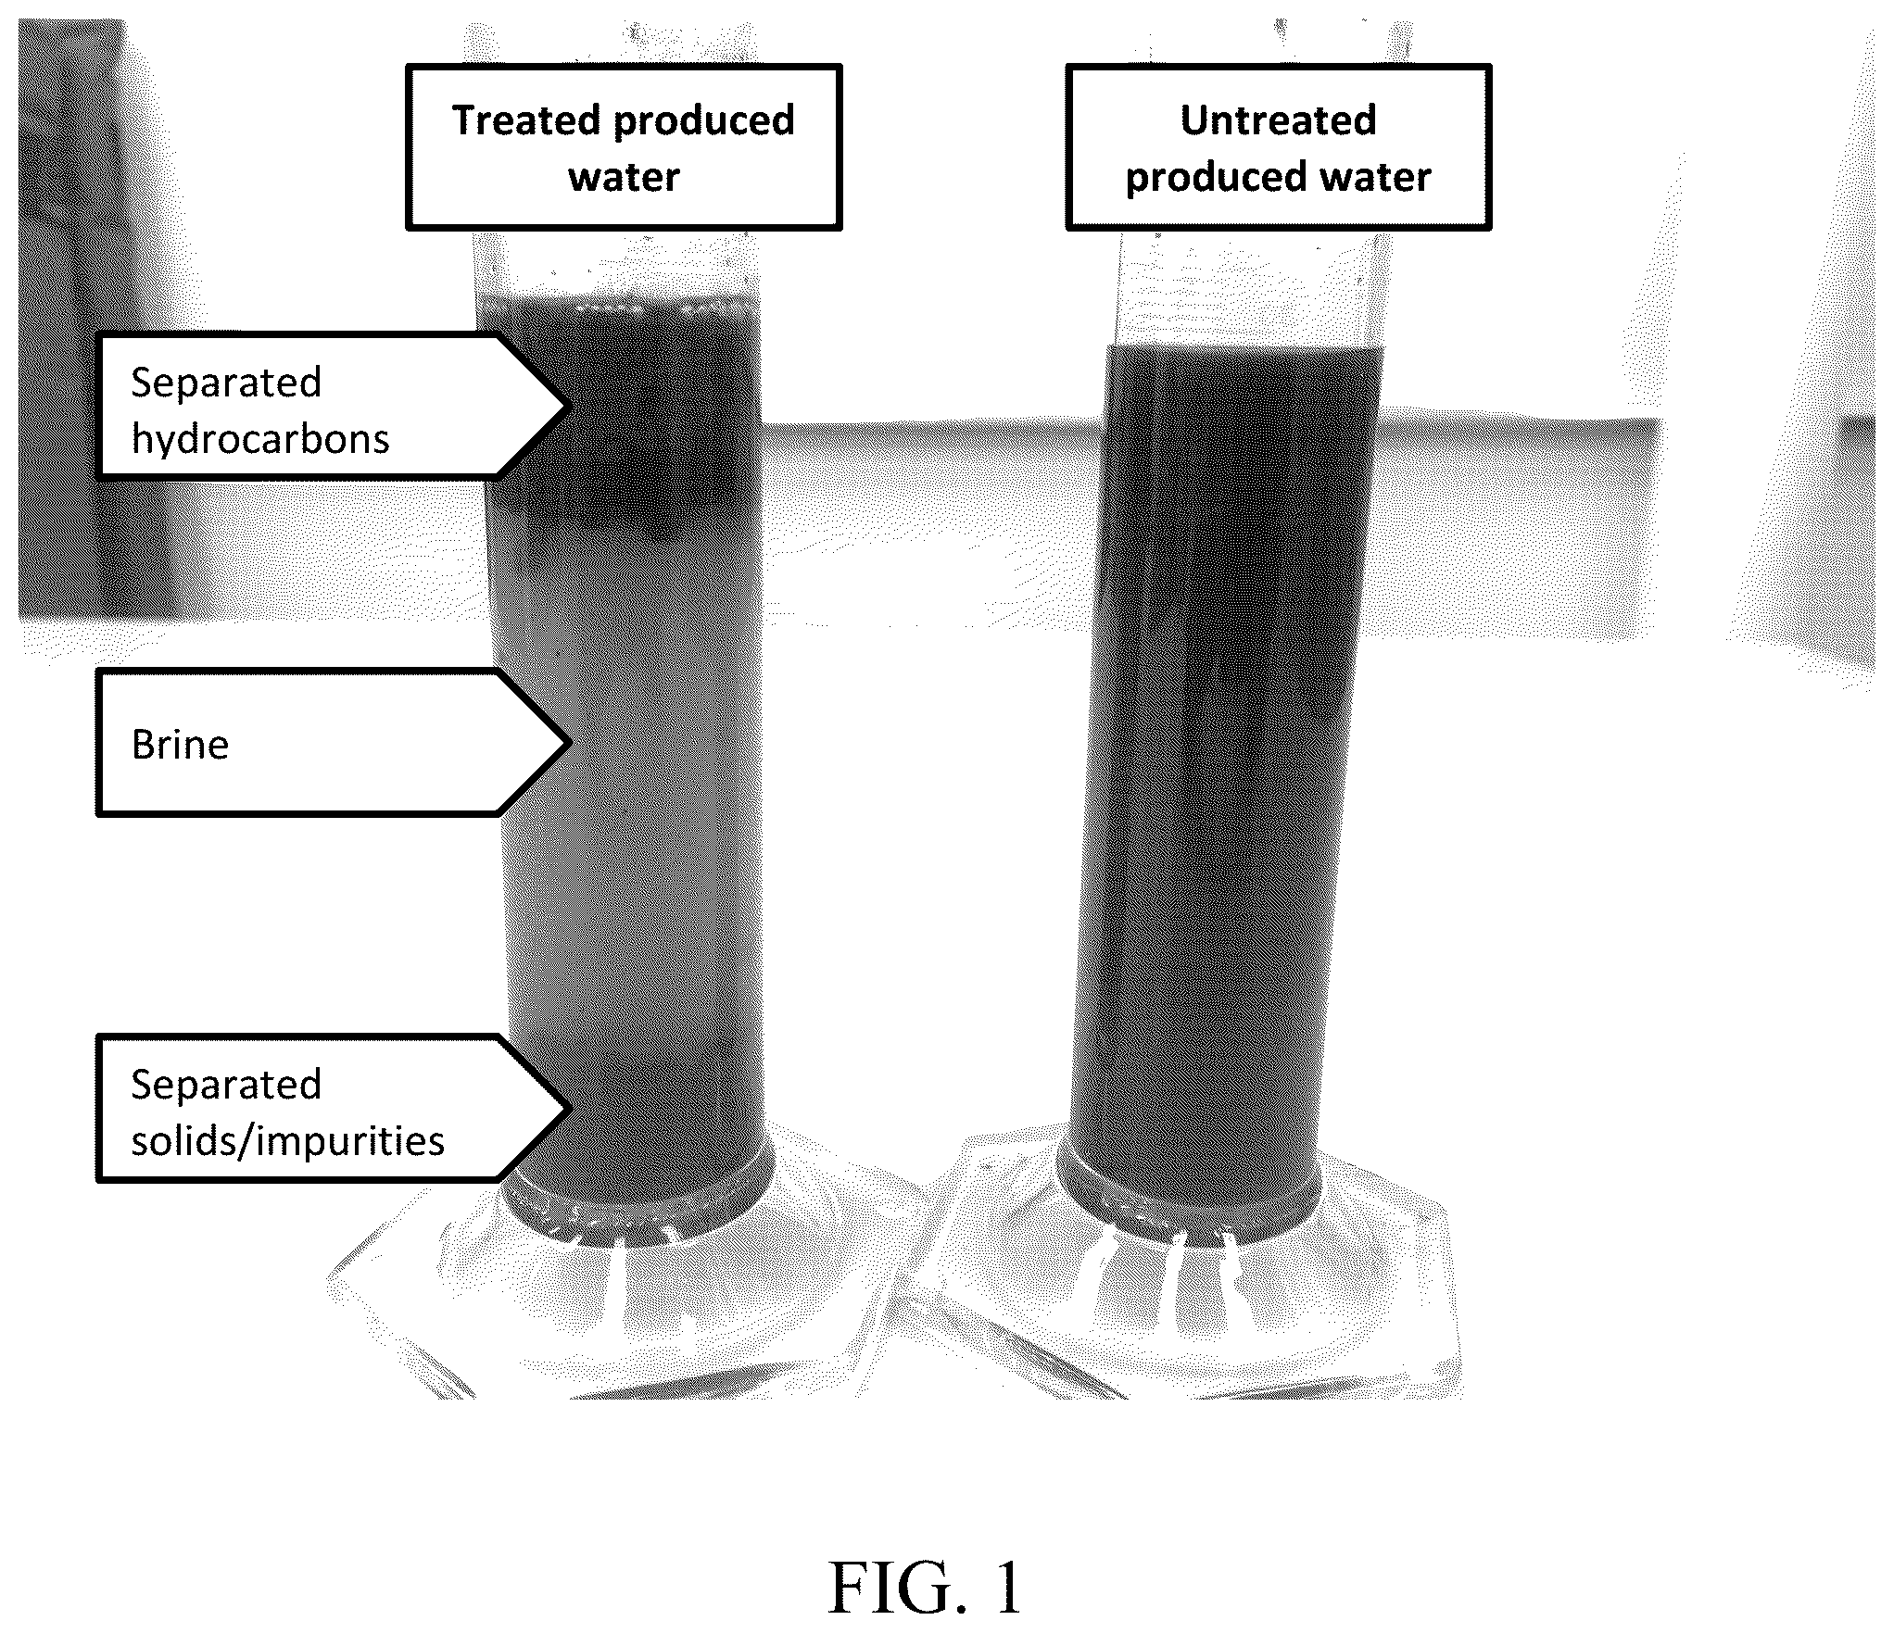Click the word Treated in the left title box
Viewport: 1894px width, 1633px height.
click(x=526, y=121)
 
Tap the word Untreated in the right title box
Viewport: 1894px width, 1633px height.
click(x=1278, y=120)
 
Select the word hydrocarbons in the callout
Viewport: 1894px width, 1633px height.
click(x=260, y=439)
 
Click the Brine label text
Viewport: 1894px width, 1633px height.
click(x=180, y=745)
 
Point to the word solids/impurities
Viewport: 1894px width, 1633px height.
click(x=287, y=1141)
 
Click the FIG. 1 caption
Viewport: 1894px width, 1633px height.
click(x=925, y=1588)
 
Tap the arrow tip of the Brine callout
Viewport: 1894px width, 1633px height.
click(x=563, y=742)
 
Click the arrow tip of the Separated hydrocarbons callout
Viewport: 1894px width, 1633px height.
click(x=563, y=406)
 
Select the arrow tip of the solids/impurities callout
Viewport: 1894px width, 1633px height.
click(x=563, y=1108)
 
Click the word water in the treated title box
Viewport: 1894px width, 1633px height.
click(x=624, y=177)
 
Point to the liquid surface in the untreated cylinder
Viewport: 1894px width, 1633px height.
click(x=1244, y=348)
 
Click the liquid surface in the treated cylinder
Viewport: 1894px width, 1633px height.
click(x=618, y=298)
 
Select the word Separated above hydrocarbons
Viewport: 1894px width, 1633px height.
click(x=226, y=383)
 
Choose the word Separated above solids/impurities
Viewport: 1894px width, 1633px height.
click(x=226, y=1085)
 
